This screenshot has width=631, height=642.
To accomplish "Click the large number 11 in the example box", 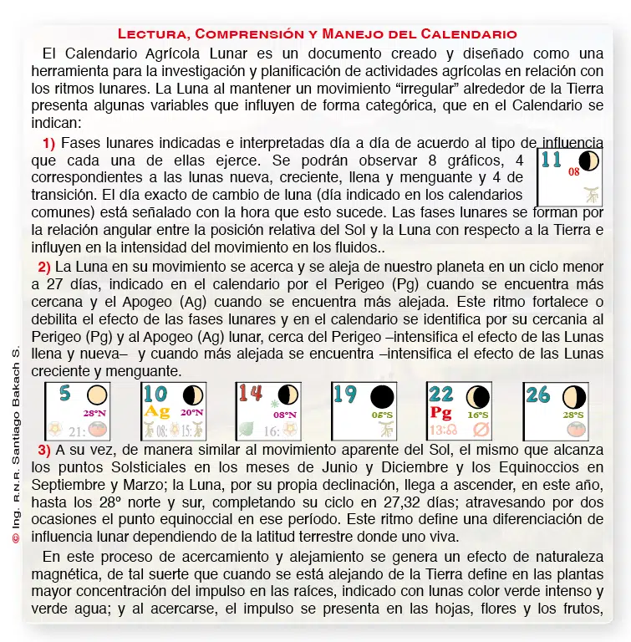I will (551, 160).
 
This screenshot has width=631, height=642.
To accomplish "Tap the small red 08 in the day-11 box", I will (573, 172).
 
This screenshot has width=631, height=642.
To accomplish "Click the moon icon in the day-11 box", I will (589, 161).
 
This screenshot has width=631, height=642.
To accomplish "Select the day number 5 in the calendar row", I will (64, 394).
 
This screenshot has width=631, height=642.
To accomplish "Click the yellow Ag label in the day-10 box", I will (157, 411).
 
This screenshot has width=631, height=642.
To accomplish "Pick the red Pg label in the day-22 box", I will (440, 411).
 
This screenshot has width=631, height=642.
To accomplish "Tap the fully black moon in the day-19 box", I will (382, 396).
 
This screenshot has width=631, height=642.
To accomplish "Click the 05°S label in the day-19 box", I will (383, 414).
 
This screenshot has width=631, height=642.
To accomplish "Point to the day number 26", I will (538, 395).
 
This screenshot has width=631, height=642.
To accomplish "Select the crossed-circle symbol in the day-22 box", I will (480, 430).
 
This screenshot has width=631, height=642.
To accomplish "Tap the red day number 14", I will (250, 394).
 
